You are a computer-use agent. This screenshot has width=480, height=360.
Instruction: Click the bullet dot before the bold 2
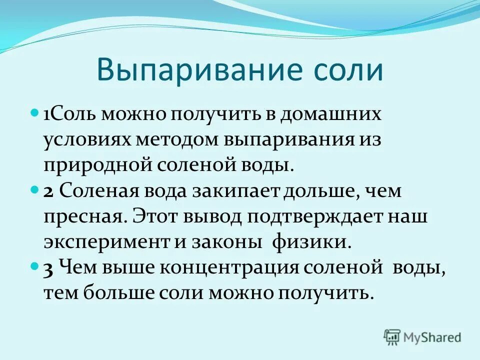click(34, 190)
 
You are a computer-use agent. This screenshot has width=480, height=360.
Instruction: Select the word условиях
click(86, 140)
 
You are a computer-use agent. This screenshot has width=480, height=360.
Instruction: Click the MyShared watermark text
click(433, 337)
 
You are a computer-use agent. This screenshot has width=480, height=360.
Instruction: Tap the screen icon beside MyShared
click(392, 337)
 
